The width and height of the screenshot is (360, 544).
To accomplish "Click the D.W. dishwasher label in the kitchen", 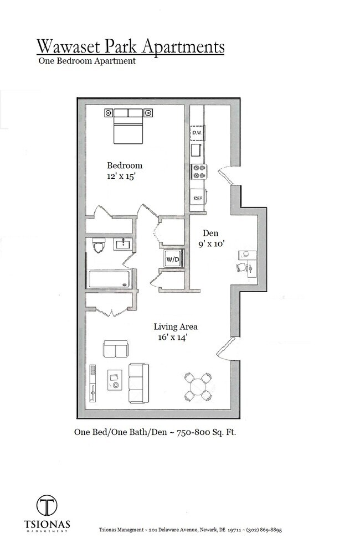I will point(197,133).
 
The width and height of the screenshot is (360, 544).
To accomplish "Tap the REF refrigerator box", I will point(197,198).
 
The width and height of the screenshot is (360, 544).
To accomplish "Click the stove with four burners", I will point(198,172).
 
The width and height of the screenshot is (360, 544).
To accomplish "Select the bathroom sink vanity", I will point(122,244).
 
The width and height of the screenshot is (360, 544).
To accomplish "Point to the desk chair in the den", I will point(241,267).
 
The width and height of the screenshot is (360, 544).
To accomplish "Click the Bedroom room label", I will point(125,165).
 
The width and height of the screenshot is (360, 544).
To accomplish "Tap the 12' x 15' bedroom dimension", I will point(122,177).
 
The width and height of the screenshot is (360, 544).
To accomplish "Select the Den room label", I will point(210,233).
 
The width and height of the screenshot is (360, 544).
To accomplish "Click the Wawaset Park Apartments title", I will point(131,46).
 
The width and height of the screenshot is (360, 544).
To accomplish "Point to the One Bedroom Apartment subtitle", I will point(87,61).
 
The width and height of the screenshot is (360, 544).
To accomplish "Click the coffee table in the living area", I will point(115,380).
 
